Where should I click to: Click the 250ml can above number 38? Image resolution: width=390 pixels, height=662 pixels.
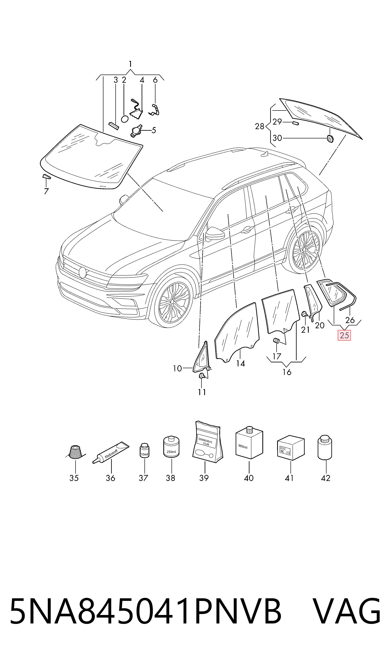point(171,446)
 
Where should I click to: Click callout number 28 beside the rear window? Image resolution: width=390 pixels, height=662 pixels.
point(260,126)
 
